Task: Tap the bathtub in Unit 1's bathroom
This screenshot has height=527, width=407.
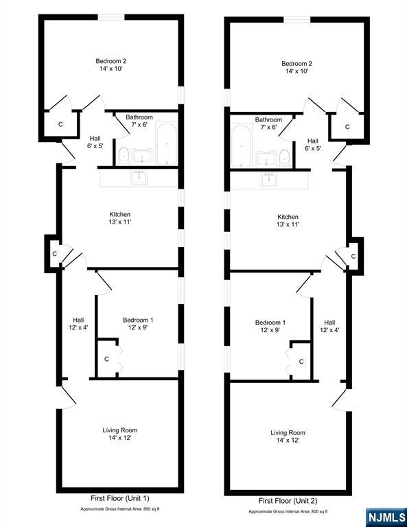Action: (x=166, y=143)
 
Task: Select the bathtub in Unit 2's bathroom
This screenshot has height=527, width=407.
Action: (x=241, y=146)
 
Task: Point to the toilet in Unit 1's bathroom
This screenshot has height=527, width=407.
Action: (x=124, y=154)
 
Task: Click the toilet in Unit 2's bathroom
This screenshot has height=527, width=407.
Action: (x=284, y=157)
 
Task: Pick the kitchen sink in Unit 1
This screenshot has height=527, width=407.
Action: (x=140, y=177)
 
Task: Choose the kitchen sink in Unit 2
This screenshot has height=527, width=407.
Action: (x=268, y=180)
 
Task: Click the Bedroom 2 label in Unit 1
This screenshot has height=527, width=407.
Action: (x=111, y=61)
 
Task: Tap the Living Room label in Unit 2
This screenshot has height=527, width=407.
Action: (x=288, y=433)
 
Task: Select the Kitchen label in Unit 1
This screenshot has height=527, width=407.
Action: (x=120, y=214)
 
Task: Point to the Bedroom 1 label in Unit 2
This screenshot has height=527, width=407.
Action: (x=270, y=323)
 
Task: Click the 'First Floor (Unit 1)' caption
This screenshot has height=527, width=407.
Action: (x=120, y=498)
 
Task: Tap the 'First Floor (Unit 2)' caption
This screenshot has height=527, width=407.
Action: (x=288, y=502)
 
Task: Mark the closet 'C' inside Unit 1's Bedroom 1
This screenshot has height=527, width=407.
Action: (x=106, y=358)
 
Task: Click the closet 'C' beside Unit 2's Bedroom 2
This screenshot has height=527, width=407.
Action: (x=347, y=126)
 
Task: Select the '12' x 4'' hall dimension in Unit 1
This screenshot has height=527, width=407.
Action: (x=79, y=327)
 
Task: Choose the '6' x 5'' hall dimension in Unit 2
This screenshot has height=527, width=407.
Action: (x=313, y=148)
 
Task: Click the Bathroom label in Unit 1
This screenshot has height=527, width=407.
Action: (x=139, y=117)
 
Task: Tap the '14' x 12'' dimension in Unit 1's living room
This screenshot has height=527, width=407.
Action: (x=120, y=438)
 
